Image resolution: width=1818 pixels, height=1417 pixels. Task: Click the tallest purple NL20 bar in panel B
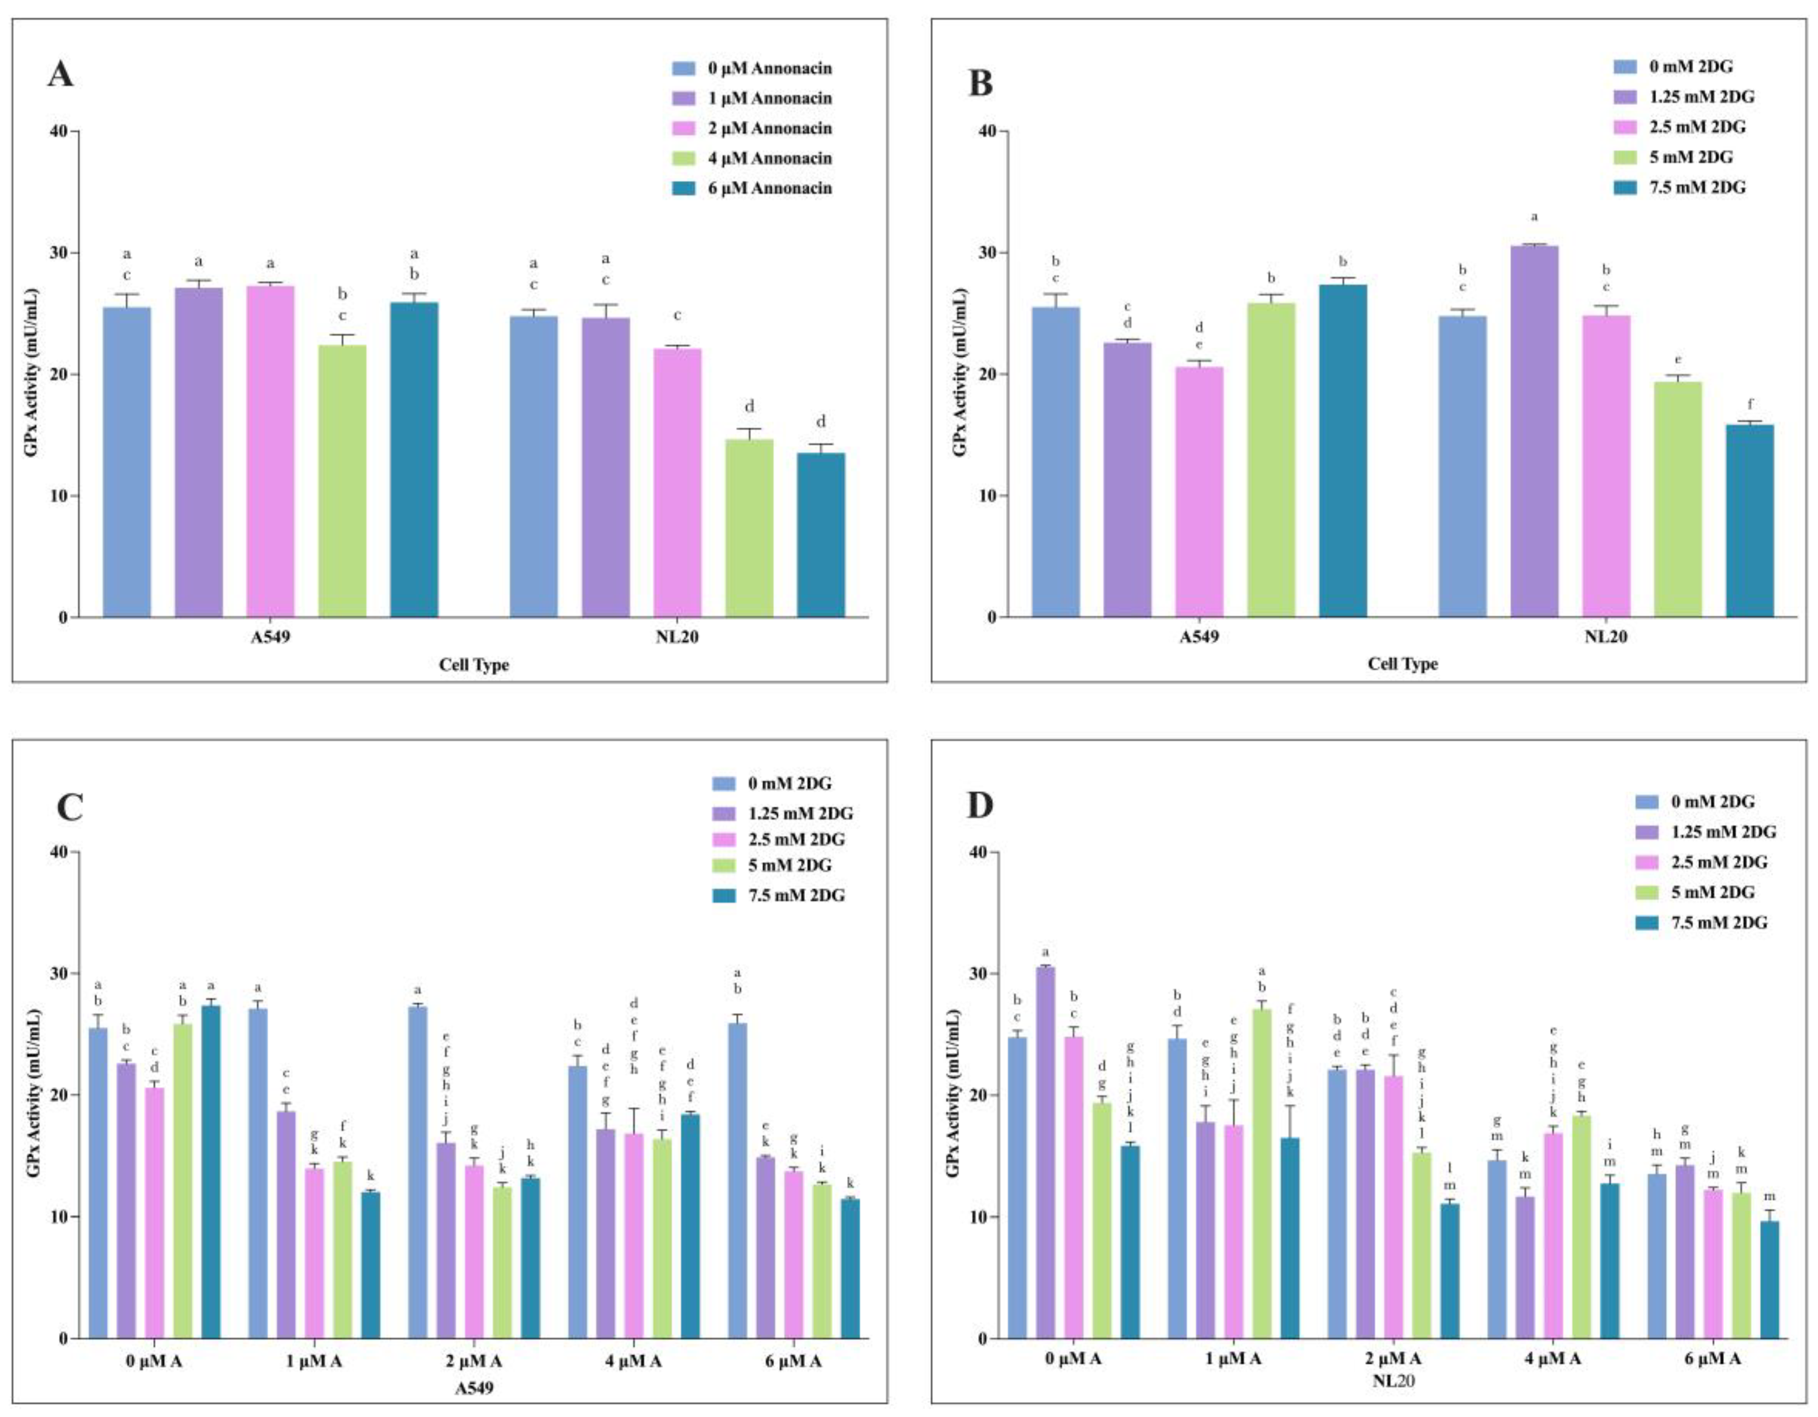[1534, 433]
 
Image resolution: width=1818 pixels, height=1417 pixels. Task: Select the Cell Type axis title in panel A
[474, 665]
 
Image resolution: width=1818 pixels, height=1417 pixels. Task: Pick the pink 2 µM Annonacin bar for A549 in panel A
[271, 452]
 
